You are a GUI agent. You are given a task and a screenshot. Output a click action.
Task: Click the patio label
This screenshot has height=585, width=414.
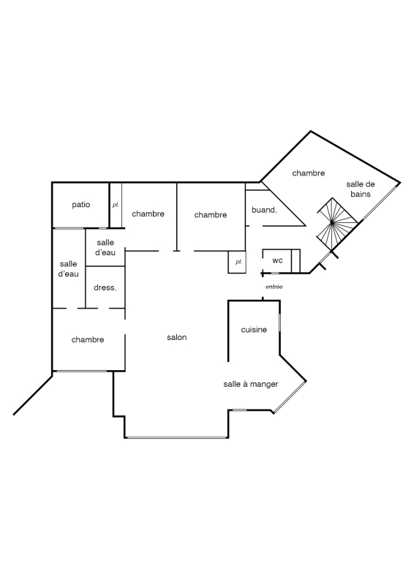point(81,205)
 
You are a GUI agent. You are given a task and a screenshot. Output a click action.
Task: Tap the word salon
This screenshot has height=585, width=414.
point(176,337)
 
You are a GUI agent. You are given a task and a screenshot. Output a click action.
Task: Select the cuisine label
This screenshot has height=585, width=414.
point(254,330)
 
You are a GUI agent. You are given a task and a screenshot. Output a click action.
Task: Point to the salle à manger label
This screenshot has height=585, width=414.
point(251,385)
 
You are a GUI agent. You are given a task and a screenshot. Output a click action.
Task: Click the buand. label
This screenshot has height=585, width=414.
point(264,210)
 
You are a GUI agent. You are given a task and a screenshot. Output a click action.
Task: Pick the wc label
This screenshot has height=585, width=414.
point(277,261)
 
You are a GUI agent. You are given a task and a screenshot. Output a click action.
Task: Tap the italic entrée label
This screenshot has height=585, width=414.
point(274,287)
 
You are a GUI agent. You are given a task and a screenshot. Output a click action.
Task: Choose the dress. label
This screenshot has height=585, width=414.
point(105,287)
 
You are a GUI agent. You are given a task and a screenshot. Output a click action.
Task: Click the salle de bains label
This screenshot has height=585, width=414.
point(361,189)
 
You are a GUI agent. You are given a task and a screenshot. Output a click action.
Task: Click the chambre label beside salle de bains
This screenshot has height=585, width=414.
point(309,173)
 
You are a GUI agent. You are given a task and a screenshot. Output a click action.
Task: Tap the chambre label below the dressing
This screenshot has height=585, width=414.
point(88,340)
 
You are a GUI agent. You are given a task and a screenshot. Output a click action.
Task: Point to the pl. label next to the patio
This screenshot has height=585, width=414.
point(116,205)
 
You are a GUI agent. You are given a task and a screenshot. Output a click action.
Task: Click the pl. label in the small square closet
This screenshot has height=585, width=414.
point(238,263)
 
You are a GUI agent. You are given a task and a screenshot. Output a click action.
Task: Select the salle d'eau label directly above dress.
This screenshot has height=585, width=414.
point(105,247)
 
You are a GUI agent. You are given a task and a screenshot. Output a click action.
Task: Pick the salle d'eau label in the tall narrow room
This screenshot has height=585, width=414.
point(69,268)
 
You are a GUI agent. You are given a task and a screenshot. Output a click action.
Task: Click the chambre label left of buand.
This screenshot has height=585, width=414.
point(211,215)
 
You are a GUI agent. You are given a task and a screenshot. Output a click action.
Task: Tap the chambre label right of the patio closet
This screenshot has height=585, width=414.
point(148,214)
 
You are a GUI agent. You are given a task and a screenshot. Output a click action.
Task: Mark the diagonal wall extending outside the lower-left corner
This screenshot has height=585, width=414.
point(33,395)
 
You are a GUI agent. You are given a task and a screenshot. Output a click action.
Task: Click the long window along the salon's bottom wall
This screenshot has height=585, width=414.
point(176,437)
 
